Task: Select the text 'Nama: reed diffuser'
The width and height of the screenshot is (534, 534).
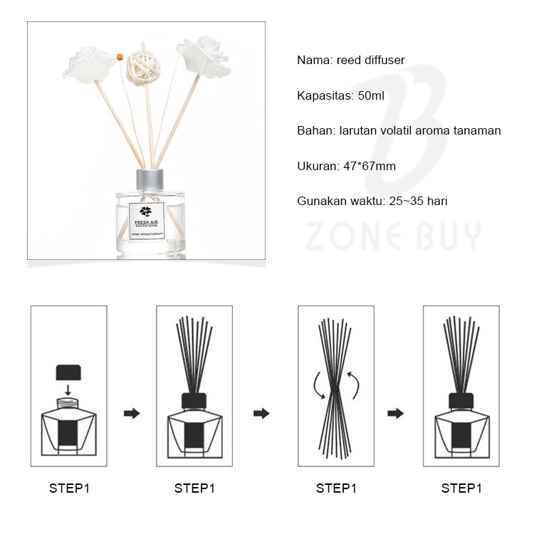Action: tap(350, 61)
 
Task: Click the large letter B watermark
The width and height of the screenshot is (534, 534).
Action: tap(406, 121)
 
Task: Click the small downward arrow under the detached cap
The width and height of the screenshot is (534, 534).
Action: tap(68, 389)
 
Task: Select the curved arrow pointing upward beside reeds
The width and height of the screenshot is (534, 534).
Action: tap(352, 384)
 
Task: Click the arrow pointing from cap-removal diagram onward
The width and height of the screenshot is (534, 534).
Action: tap(132, 413)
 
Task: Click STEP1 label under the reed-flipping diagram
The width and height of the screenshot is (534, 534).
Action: tap(336, 488)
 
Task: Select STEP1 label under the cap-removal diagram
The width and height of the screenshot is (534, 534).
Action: tap(69, 488)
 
